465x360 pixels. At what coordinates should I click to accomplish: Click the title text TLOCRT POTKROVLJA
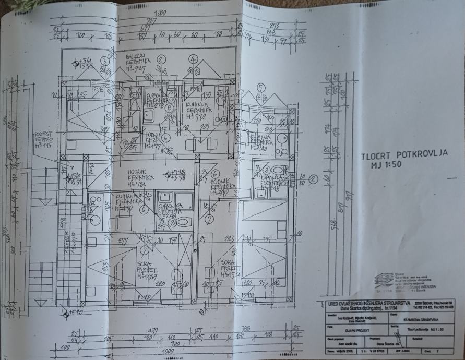click(404, 155)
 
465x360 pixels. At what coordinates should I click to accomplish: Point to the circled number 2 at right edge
click(314, 178)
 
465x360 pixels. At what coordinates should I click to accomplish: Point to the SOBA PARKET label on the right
click(230, 267)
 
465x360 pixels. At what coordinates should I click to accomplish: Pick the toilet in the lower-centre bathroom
click(182, 222)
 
